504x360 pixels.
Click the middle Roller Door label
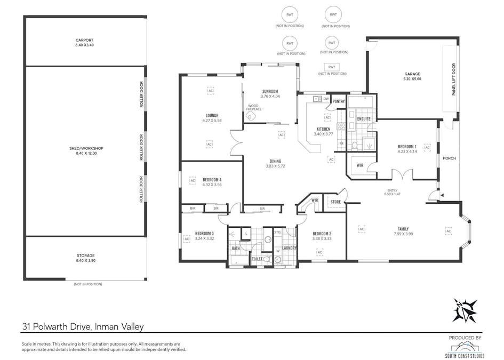point(141,148)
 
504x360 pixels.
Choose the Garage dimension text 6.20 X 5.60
point(412,79)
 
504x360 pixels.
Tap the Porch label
point(449,158)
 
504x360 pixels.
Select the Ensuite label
point(364,119)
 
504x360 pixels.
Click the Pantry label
point(338,101)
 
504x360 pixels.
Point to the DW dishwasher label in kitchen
point(325,99)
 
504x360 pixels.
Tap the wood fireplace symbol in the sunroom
point(250,117)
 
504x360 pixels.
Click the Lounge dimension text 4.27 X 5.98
point(212,121)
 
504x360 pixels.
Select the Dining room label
point(275,161)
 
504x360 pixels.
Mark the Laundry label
point(290,247)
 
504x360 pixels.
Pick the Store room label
point(335,202)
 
